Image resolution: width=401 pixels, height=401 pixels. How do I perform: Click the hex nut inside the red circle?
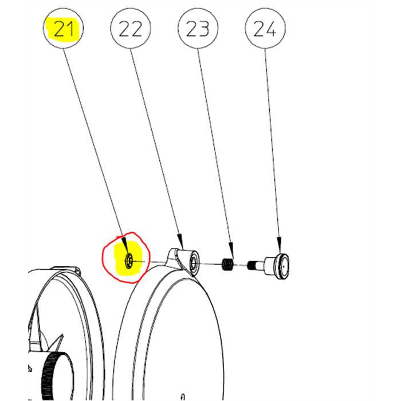tap(129, 260)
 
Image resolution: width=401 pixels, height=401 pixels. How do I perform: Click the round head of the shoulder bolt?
tap(282, 267)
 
